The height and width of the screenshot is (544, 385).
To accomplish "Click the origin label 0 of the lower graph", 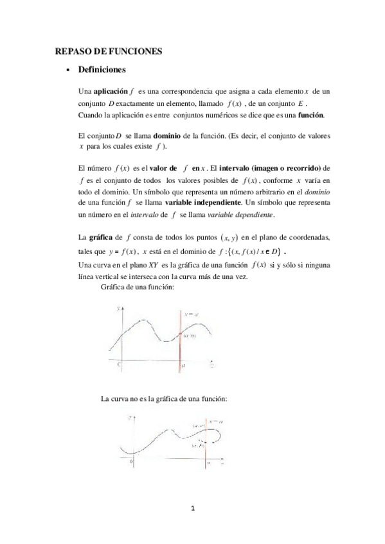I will (x=132, y=461).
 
